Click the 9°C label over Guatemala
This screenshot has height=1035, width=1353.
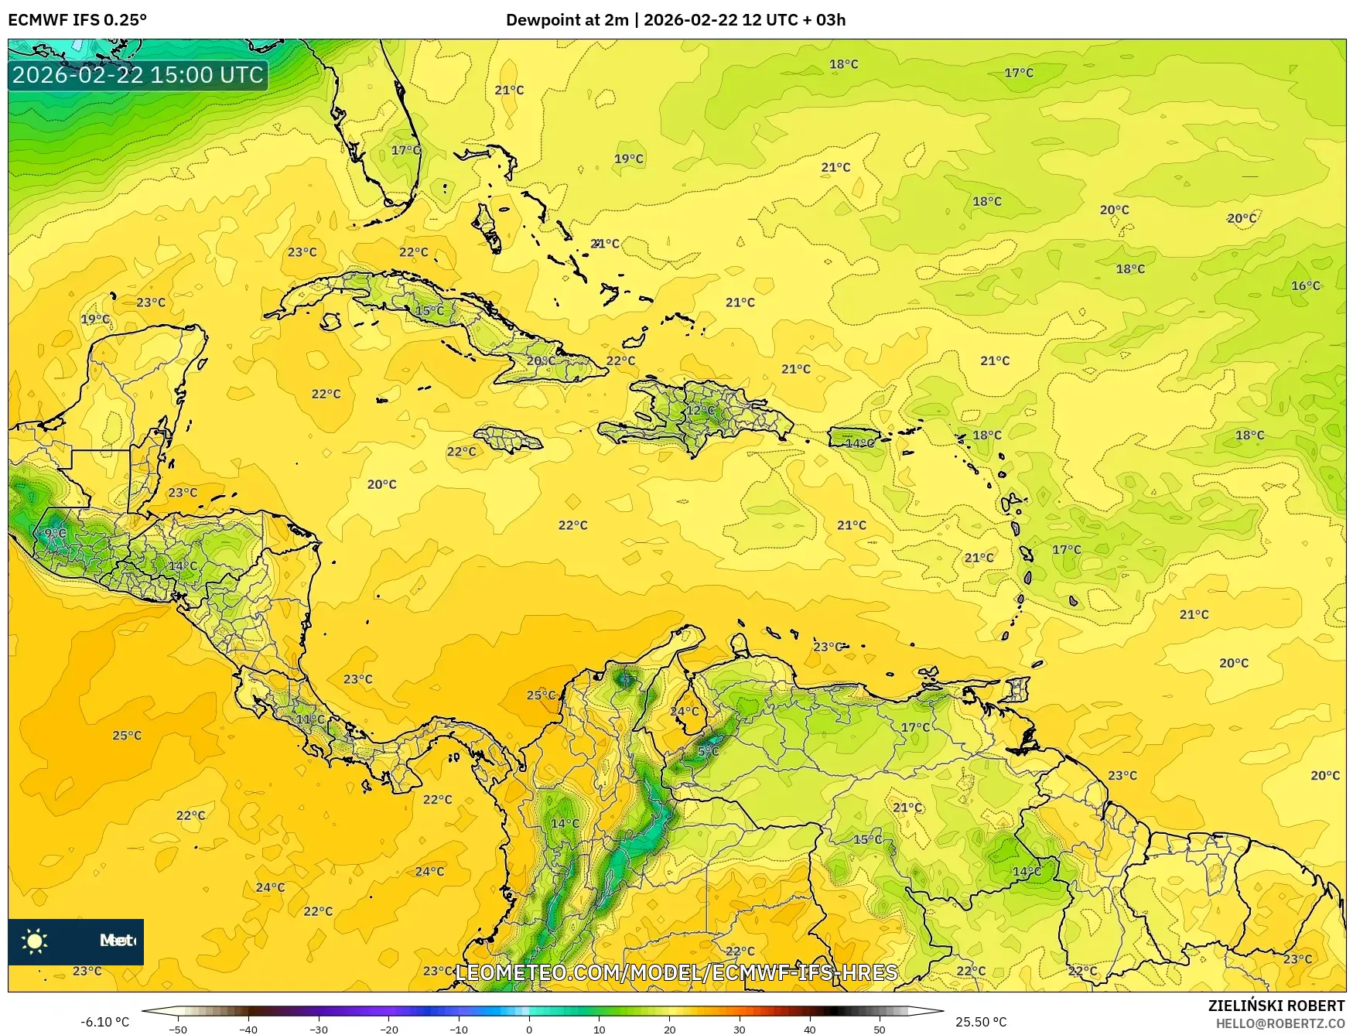tap(55, 533)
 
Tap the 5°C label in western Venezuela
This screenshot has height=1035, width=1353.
tap(708, 751)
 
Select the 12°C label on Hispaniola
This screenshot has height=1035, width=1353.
tap(702, 411)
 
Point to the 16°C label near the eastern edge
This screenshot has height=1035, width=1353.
tap(1305, 285)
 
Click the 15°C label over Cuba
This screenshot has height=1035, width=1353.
tap(430, 311)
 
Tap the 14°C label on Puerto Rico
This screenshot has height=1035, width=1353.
tap(859, 443)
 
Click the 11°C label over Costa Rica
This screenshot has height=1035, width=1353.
tap(311, 719)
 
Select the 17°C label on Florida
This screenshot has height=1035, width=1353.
tap(405, 150)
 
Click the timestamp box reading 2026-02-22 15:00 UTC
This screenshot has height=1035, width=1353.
tap(138, 75)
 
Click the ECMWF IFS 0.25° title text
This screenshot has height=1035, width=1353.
tap(77, 20)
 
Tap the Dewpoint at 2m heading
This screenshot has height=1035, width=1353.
tap(567, 20)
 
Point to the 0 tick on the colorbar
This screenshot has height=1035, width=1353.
tap(529, 1029)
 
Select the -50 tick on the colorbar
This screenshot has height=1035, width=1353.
tap(178, 1029)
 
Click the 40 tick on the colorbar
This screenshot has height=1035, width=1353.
tap(809, 1029)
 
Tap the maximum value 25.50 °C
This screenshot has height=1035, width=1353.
tap(981, 1022)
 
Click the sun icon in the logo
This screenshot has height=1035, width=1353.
tap(35, 941)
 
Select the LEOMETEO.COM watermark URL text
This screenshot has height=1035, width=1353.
tap(677, 972)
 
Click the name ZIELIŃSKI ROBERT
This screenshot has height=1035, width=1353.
tap(1276, 1006)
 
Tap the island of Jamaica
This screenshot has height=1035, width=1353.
tap(507, 440)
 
